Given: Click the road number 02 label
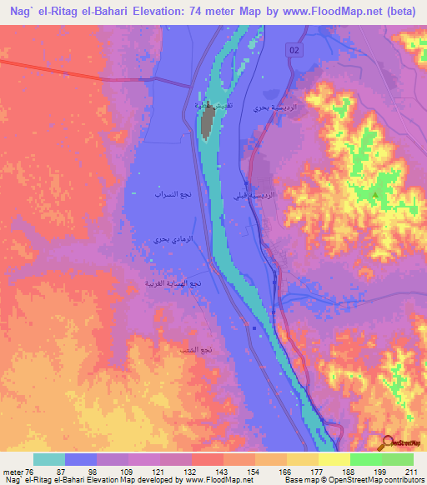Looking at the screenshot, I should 294,52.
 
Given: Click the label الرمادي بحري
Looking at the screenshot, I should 170,240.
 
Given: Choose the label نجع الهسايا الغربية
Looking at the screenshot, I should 174,283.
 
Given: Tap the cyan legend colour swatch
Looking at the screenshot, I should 49,459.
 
